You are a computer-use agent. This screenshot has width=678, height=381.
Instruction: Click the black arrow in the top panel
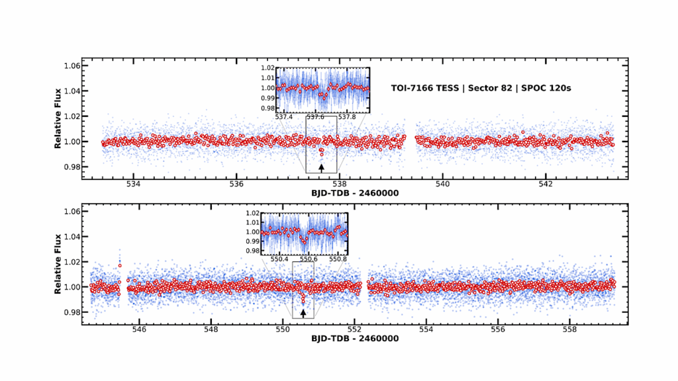pos(322,167)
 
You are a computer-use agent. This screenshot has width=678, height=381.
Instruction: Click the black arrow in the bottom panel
pos(303,313)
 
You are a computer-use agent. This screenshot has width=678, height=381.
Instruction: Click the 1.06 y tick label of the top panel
pos(72,66)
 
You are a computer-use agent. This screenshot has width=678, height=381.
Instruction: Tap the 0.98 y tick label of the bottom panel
pos(72,312)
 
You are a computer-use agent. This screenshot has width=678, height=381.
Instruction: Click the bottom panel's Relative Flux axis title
pos(58,262)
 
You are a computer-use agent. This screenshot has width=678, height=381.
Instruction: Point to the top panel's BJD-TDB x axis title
pos(355,193)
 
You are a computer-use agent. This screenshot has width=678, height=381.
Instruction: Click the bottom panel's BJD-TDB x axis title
pos(355,339)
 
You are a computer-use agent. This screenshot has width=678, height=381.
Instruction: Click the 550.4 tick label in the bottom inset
pos(277,259)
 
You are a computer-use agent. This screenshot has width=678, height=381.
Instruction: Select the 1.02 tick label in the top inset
pos(267,68)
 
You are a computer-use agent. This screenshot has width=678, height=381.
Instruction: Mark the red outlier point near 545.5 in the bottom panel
pos(120,266)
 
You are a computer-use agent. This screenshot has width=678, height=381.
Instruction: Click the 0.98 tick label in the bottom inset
pos(252,251)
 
